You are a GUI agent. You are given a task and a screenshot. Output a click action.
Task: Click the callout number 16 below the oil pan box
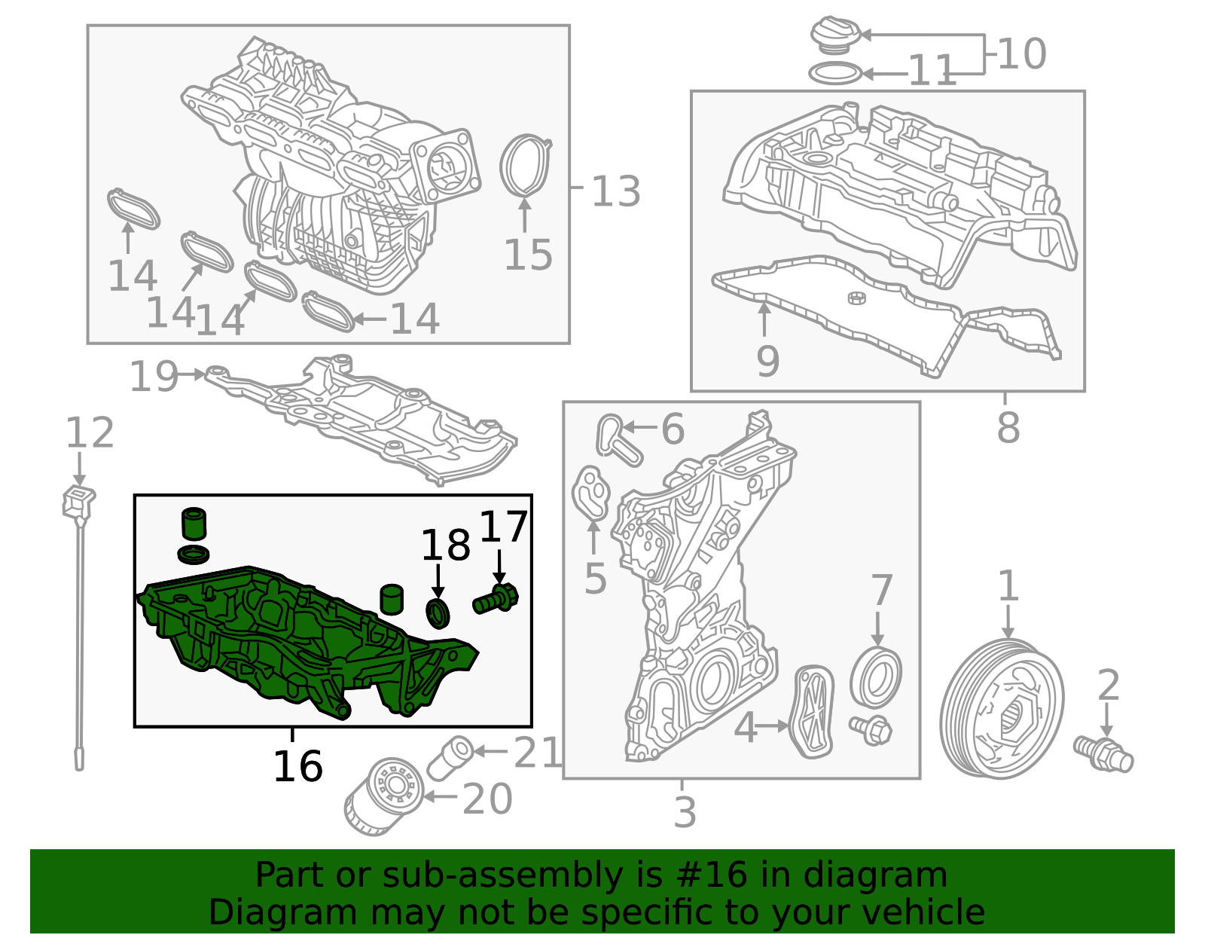[297, 766]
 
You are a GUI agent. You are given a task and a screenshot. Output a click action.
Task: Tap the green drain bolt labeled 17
[496, 600]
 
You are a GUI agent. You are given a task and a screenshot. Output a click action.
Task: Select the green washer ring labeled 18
[438, 613]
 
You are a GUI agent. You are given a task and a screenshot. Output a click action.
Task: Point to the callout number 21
[537, 753]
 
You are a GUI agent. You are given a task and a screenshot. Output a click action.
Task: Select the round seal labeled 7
[876, 677]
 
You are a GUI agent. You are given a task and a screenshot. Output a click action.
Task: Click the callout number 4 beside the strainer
[745, 728]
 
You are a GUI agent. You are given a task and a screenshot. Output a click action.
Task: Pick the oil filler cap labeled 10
[834, 36]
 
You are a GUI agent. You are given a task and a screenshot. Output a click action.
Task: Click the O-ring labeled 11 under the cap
[834, 74]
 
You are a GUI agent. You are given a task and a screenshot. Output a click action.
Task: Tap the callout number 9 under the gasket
[767, 362]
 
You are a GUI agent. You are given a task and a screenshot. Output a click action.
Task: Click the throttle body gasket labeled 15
[525, 166]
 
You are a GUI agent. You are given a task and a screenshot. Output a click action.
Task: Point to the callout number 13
[615, 191]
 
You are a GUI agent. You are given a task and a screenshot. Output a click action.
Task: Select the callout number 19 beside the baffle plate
[154, 376]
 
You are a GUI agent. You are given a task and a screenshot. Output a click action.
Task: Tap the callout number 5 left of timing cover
[595, 579]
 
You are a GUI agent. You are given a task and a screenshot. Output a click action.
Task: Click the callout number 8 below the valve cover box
[1008, 428]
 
